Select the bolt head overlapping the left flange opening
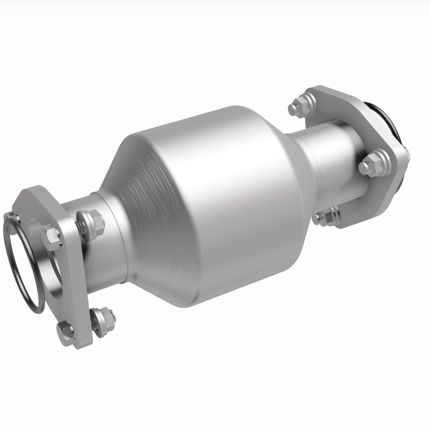[52, 234]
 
